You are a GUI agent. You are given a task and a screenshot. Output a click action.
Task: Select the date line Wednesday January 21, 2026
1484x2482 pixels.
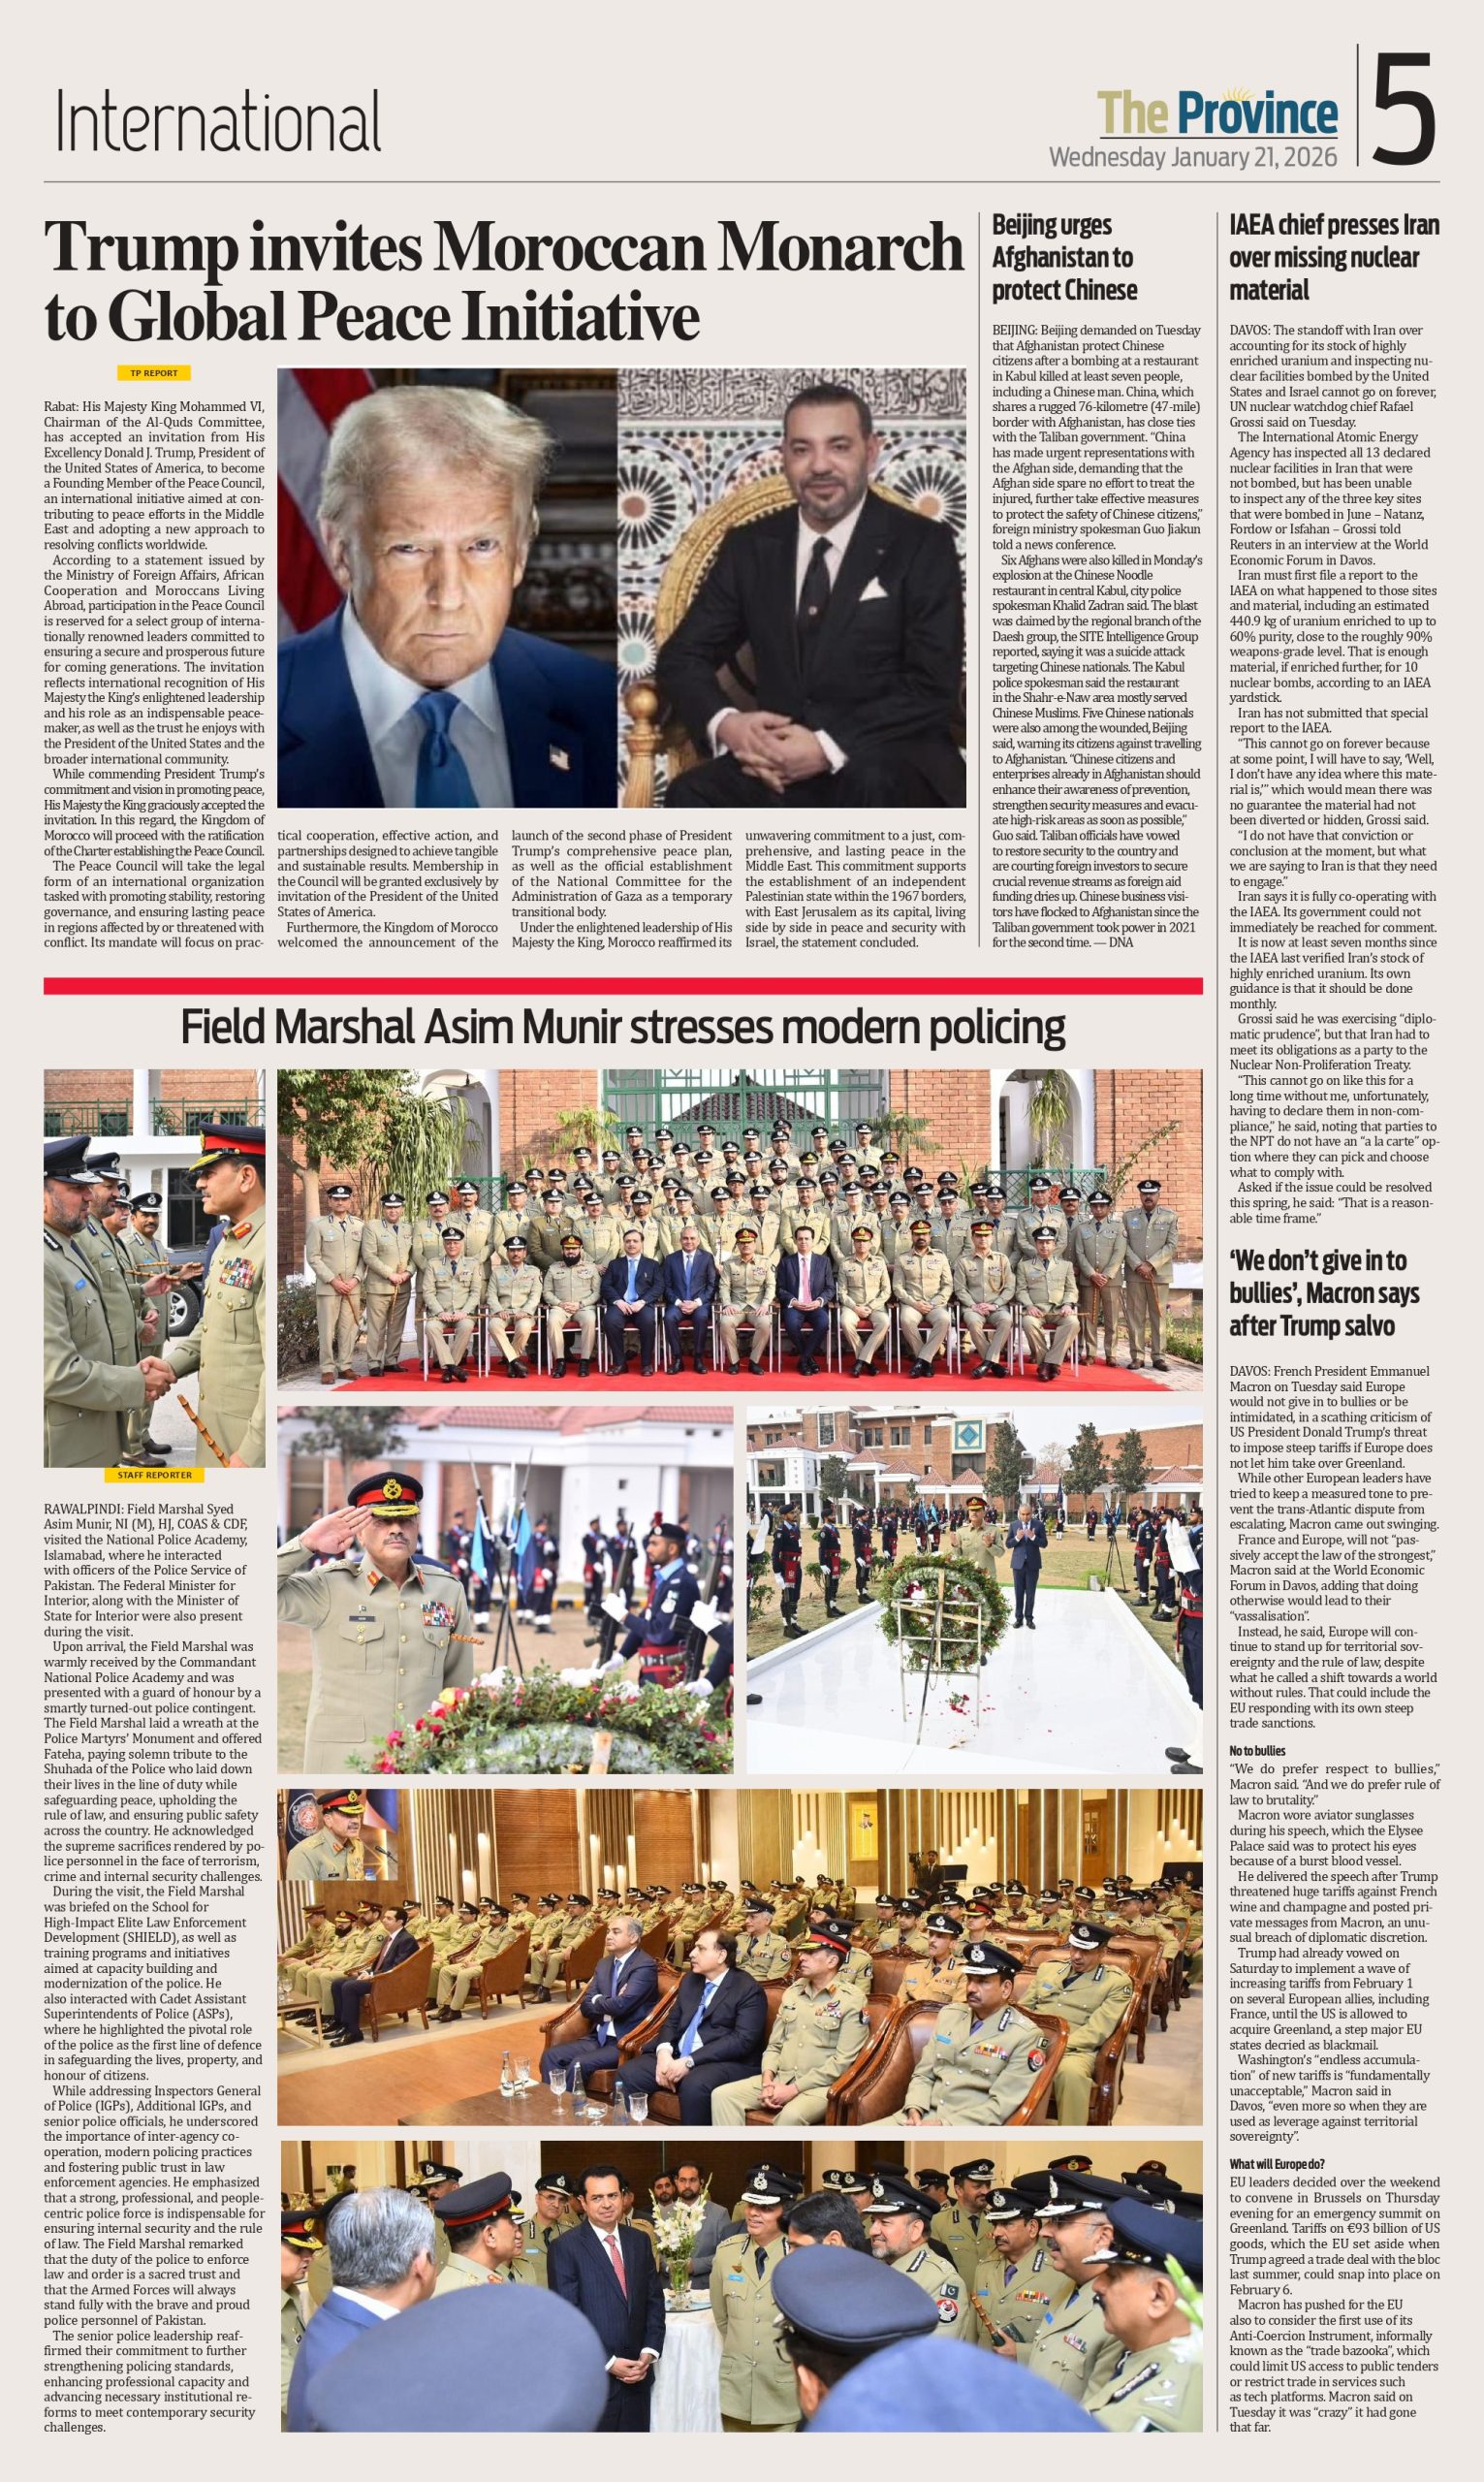pos(1192,157)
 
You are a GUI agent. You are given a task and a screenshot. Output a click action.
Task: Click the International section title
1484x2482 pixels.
pos(218,122)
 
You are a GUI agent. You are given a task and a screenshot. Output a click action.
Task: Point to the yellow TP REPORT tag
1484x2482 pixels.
pos(154,373)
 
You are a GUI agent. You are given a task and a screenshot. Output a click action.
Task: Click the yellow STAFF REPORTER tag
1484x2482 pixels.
pos(154,1475)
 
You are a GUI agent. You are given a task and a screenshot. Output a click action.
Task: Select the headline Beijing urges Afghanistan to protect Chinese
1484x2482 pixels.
pos(1064,257)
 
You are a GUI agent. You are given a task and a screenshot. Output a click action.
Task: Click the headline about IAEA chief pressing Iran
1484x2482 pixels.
pos(1333,257)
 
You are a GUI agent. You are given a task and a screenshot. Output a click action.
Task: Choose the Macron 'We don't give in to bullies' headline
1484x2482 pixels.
pos(1323,1293)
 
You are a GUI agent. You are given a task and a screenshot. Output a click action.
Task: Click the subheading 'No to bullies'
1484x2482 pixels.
pos(1257,1751)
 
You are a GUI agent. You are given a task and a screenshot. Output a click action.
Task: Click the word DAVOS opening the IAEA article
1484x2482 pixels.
pos(1250,331)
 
